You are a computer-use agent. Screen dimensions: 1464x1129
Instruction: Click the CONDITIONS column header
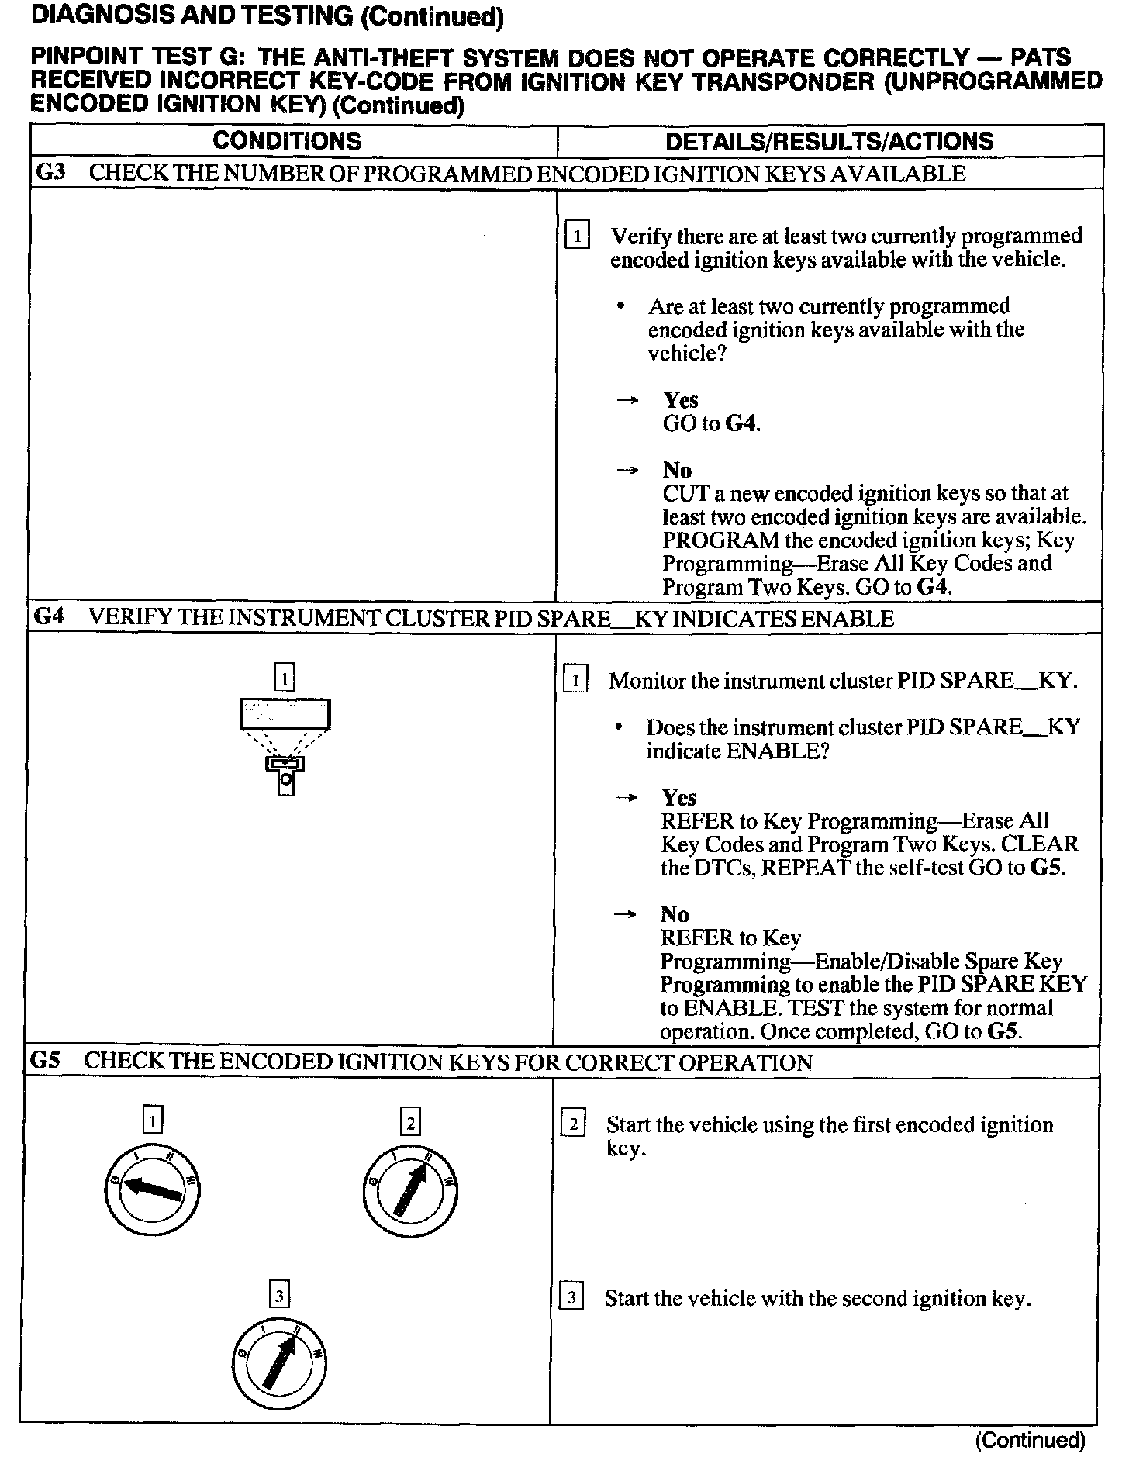click(287, 141)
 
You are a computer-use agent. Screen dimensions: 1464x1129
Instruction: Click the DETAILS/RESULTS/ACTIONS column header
click(829, 141)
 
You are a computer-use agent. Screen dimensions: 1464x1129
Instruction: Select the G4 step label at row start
click(50, 618)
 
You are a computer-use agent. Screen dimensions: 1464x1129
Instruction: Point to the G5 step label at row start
click(46, 1061)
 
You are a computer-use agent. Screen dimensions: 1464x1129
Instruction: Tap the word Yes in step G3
click(680, 400)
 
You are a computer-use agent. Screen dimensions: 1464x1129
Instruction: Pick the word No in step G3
click(677, 471)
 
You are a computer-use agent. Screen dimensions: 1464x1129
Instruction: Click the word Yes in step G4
click(678, 798)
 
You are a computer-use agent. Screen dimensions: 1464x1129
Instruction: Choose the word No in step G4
click(675, 915)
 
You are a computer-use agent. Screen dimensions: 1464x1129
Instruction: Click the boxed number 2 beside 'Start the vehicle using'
click(572, 1124)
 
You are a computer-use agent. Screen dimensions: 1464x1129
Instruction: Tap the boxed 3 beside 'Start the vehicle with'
click(571, 1297)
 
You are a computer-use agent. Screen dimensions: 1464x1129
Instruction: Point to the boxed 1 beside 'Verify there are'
click(578, 235)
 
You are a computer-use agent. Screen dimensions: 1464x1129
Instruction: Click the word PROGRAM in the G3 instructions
click(720, 540)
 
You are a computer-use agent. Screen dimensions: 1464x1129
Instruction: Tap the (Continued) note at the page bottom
click(1031, 1440)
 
